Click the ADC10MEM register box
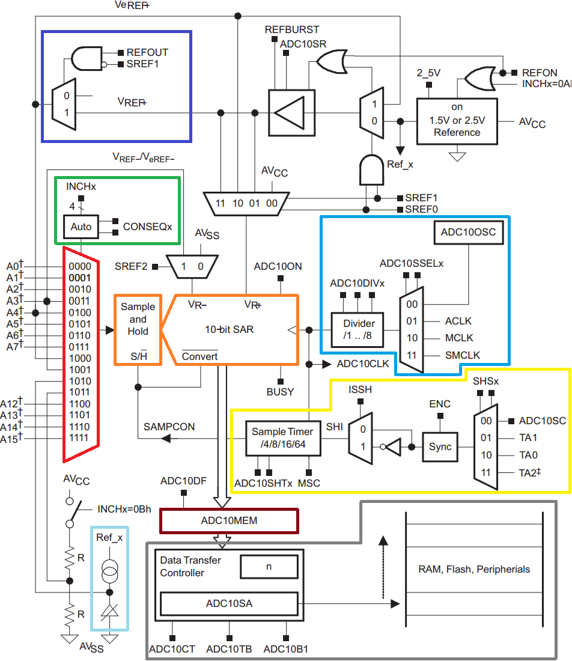[x=228, y=520]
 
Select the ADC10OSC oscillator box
[x=468, y=232]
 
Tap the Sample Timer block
[x=282, y=437]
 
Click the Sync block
[x=440, y=446]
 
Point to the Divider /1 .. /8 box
[x=359, y=329]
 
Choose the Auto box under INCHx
[x=81, y=227]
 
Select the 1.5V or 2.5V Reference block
[x=457, y=121]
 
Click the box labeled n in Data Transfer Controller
[x=269, y=566]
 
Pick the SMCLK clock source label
[x=462, y=355]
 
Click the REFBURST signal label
[x=292, y=29]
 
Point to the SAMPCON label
[x=169, y=427]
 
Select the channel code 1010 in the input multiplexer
[x=81, y=381]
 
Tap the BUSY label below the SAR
[x=280, y=392]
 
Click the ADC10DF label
[x=183, y=481]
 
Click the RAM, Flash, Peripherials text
[x=474, y=569]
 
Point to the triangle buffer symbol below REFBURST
[x=288, y=112]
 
